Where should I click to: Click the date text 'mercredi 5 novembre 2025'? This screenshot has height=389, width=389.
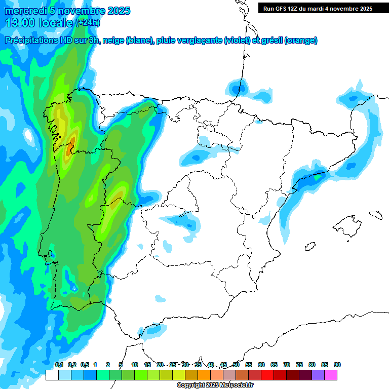[67, 11]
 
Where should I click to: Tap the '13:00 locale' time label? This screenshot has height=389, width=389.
[40, 23]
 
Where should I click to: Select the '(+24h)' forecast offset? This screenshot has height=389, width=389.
[88, 23]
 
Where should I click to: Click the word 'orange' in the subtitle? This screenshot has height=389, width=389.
[301, 41]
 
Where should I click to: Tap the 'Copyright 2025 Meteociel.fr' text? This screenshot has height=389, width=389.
[215, 385]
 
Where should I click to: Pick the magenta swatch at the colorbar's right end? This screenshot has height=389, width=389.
[331, 375]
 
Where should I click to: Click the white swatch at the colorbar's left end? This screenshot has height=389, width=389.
[52, 375]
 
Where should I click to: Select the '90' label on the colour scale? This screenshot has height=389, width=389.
[337, 365]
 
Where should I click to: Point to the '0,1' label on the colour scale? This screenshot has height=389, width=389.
[59, 365]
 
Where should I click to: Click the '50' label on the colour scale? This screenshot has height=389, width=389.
[236, 365]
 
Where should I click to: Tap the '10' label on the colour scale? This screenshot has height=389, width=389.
[135, 365]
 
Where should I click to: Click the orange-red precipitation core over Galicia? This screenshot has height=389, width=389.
[72, 142]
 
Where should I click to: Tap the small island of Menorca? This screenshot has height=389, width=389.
[375, 215]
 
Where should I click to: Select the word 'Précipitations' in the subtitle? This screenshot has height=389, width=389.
[31, 41]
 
